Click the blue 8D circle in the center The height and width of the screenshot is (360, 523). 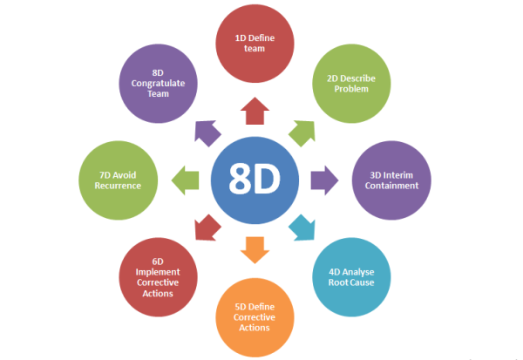[255, 180]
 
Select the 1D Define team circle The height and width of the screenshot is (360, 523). [255, 44]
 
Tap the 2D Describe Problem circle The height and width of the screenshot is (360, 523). [351, 84]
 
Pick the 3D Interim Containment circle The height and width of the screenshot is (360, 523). [391, 180]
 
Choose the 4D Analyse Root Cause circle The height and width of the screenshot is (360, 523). [351, 277]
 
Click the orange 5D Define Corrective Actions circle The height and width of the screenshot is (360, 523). [255, 317]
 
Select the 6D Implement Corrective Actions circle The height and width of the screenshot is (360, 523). [158, 277]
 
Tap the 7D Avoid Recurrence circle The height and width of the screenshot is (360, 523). [118, 180]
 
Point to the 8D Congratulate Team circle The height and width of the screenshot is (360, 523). [158, 84]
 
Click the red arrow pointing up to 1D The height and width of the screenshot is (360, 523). [255, 111]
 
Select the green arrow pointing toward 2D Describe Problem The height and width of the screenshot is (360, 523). [302, 133]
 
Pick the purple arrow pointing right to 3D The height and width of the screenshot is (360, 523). [324, 180]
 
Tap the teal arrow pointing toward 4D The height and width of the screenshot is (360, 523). [302, 228]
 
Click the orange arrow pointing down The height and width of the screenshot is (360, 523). [255, 250]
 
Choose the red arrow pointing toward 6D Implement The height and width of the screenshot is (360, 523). [207, 228]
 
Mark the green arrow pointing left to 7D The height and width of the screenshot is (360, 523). [185, 180]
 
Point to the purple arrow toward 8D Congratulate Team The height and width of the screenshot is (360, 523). [207, 133]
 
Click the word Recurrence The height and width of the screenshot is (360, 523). [118, 186]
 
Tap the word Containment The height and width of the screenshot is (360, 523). [391, 186]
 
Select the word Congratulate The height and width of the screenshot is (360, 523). [158, 84]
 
